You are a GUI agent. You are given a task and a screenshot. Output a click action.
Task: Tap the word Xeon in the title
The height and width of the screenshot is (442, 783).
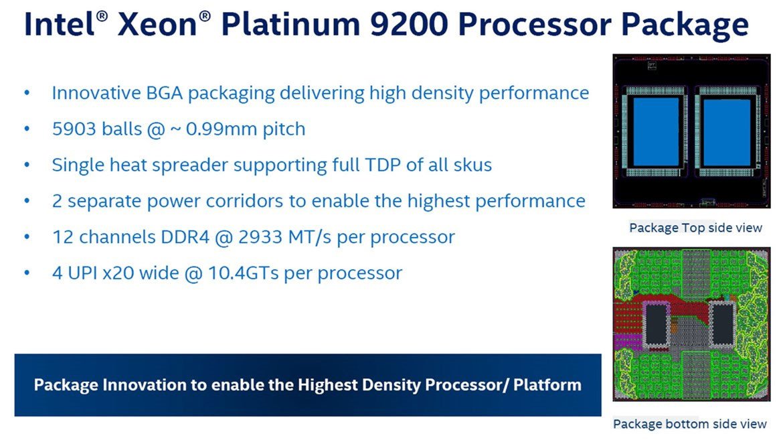158,25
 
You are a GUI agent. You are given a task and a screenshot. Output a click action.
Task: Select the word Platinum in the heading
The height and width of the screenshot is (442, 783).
290,25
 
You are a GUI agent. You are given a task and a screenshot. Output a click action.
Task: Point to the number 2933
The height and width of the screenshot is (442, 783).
260,236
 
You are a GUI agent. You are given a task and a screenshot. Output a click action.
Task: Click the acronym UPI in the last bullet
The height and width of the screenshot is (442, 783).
83,273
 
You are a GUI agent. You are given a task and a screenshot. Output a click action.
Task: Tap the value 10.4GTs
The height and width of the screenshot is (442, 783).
243,273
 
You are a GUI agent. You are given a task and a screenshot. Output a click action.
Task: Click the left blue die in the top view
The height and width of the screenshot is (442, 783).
656,131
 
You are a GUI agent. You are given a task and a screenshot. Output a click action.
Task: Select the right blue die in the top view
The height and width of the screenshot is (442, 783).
727,133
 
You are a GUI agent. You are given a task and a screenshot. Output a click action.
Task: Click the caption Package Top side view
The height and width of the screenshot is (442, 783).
695,228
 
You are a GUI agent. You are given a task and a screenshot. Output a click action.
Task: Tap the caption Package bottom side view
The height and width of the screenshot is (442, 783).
689,424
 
